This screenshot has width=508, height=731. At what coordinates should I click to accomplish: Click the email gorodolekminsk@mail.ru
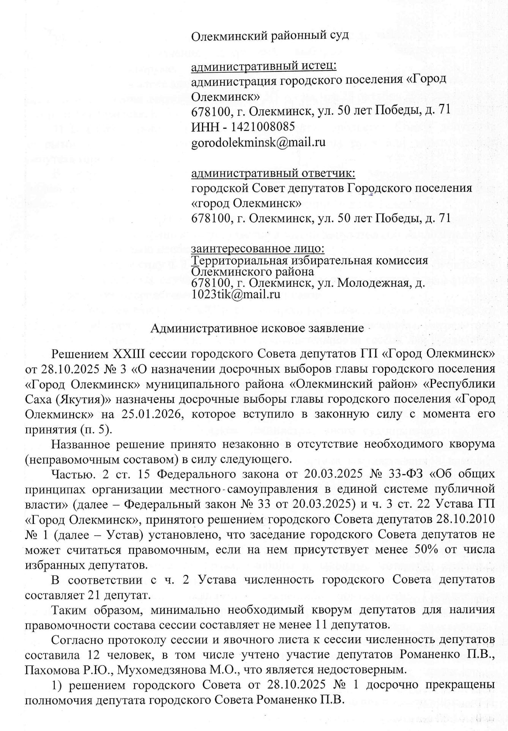tap(258, 142)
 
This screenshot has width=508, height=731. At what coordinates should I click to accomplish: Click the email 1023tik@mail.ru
tap(236, 294)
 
